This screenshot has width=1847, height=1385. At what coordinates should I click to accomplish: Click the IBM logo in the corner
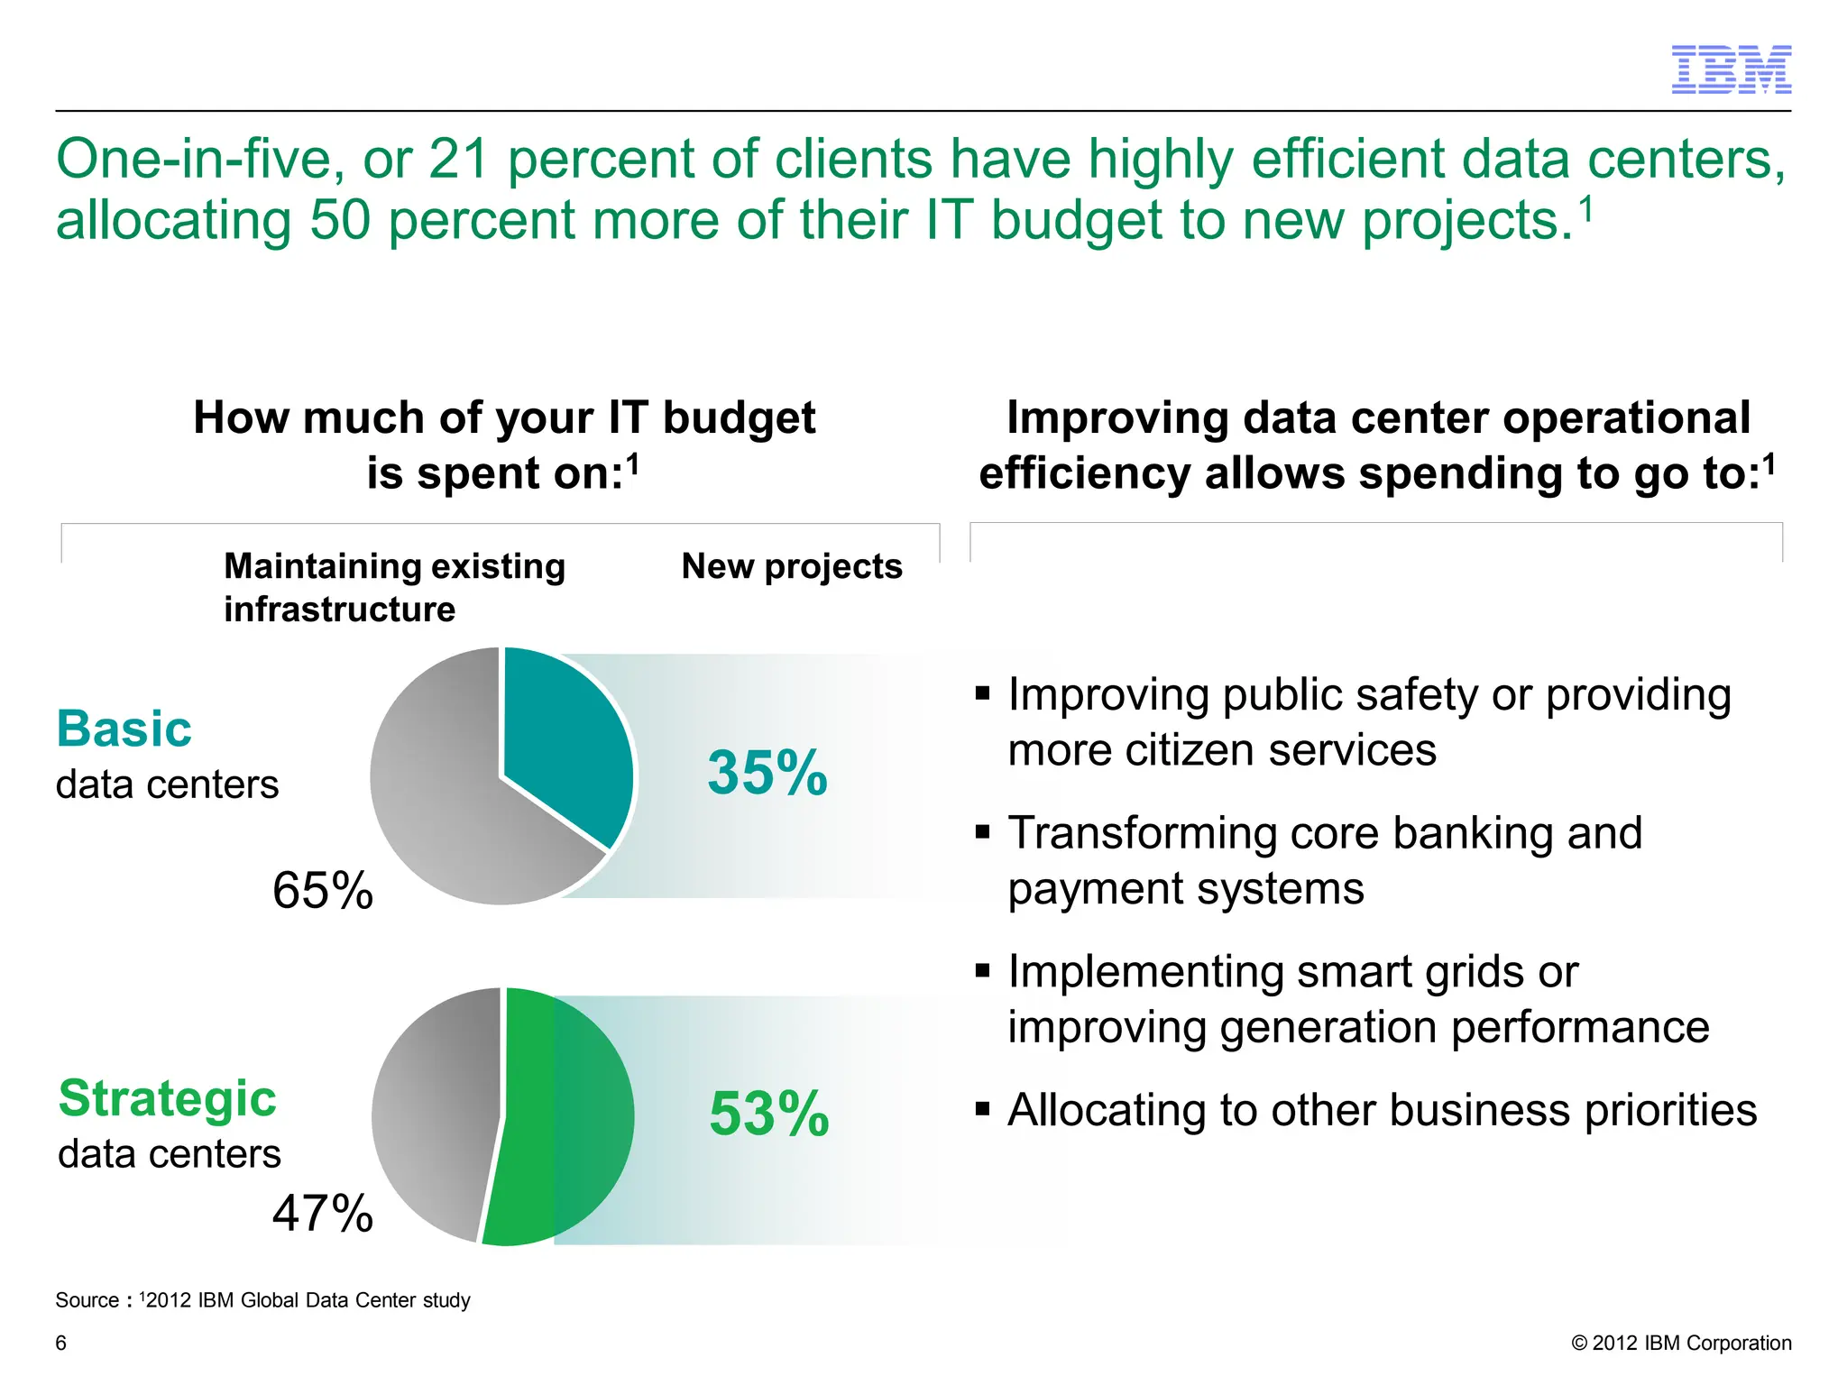[1731, 69]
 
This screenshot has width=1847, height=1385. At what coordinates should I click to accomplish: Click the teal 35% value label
[767, 773]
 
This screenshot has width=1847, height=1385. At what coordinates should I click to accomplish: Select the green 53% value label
[769, 1114]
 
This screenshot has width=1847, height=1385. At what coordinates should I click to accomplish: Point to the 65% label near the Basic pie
[323, 891]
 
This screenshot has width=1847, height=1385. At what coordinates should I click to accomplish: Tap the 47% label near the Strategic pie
[323, 1213]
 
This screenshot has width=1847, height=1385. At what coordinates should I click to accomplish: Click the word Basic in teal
[124, 729]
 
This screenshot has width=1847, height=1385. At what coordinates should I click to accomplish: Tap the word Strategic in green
[168, 1098]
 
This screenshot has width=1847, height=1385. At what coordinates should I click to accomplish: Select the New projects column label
[792, 566]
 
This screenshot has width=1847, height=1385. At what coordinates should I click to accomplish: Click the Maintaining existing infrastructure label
[394, 587]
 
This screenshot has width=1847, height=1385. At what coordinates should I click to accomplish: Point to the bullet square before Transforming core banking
[983, 831]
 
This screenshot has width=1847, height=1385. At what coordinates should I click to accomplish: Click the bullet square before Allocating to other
[983, 1108]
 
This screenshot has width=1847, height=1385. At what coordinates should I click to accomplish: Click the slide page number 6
[61, 1343]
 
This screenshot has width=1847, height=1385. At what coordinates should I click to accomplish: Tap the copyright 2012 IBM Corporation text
[1681, 1343]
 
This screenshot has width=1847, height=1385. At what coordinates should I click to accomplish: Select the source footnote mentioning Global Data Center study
[262, 1300]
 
